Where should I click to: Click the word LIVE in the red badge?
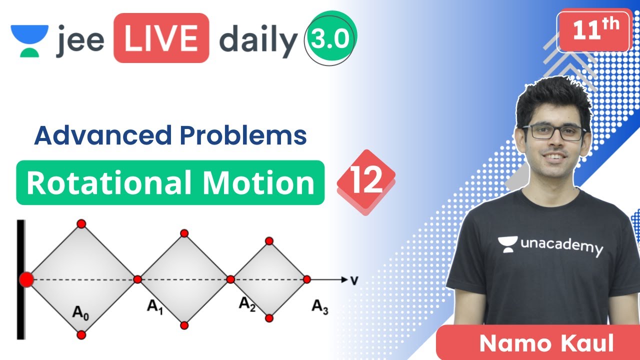[x=161, y=38]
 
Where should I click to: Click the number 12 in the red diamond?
[x=366, y=181]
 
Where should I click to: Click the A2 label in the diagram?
[x=247, y=303]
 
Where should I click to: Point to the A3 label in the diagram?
[x=320, y=306]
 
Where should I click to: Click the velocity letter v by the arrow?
[x=354, y=279]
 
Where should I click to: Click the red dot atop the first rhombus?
[x=81, y=223]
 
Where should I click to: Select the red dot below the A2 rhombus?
[x=269, y=318]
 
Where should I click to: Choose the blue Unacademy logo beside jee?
[x=29, y=39]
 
